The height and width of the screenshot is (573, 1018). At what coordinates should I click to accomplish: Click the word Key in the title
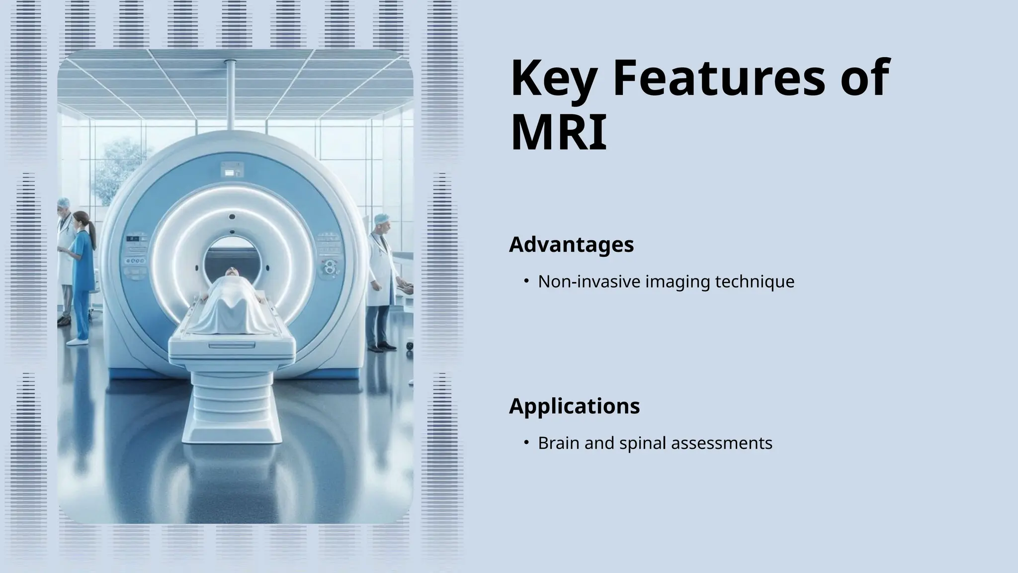[x=552, y=79]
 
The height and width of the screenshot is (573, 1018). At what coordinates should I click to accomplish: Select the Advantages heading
[x=571, y=244]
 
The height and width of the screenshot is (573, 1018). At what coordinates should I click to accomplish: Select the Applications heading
[x=574, y=406]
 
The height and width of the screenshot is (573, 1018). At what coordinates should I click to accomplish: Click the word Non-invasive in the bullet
[x=589, y=282]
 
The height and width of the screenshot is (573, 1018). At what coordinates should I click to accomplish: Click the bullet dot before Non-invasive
[x=526, y=282]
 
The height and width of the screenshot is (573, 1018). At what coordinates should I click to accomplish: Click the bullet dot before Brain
[x=526, y=443]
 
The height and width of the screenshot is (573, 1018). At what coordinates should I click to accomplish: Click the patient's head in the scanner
[x=231, y=272]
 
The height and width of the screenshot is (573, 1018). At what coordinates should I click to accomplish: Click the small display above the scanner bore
[x=232, y=170]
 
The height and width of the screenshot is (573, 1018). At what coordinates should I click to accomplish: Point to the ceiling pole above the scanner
[x=230, y=95]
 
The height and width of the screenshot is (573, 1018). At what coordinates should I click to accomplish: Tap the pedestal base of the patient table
[x=232, y=408]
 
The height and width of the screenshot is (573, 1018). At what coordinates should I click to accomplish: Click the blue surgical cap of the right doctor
[x=381, y=218]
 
